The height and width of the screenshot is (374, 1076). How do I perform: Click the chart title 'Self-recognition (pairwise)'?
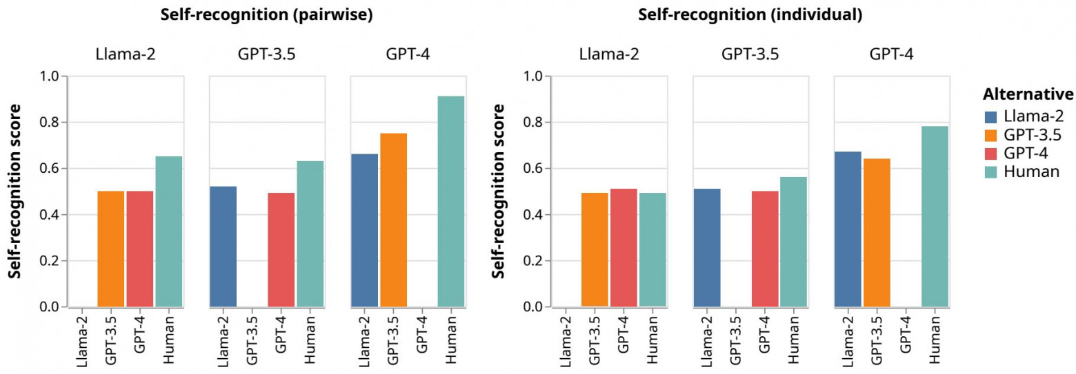(x=266, y=16)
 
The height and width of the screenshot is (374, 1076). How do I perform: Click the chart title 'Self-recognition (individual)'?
(x=750, y=16)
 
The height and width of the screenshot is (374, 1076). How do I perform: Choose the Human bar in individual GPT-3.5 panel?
(x=793, y=242)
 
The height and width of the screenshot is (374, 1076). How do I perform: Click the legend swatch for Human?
(x=990, y=172)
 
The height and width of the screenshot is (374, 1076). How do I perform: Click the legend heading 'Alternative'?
(x=1028, y=94)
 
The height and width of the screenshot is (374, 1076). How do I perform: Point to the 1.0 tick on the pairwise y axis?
(x=49, y=76)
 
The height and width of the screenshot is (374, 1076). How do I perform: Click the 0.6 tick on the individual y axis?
(x=532, y=169)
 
